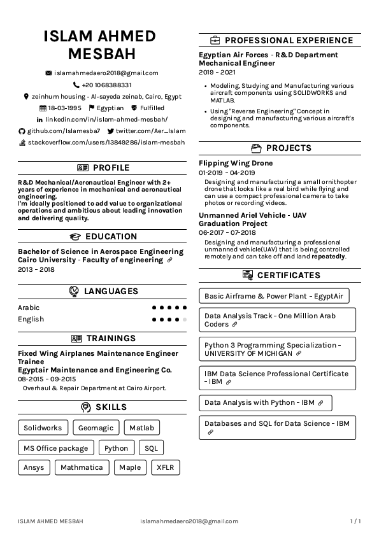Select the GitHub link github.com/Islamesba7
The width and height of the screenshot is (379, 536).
point(64,131)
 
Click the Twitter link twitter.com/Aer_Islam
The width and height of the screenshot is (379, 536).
point(146,131)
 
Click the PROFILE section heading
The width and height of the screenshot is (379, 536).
point(111,168)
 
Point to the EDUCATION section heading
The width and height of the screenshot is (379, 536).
point(111,237)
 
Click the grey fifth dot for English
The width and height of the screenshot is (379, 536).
point(185,320)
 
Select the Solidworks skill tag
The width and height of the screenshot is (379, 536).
point(43,428)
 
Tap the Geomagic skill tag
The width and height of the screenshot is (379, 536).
point(96,428)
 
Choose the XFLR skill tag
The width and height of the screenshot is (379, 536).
point(165,468)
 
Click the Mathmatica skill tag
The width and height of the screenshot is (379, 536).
point(82,468)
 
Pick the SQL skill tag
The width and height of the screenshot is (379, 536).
point(151,448)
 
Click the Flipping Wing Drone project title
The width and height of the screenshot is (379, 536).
point(236,164)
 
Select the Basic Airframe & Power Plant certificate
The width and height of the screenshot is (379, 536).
point(274,296)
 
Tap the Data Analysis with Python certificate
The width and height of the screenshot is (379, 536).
point(265,403)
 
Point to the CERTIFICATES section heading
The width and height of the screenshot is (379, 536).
point(288,276)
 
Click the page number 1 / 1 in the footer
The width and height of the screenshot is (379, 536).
point(355,521)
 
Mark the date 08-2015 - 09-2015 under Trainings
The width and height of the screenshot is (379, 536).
point(46,379)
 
